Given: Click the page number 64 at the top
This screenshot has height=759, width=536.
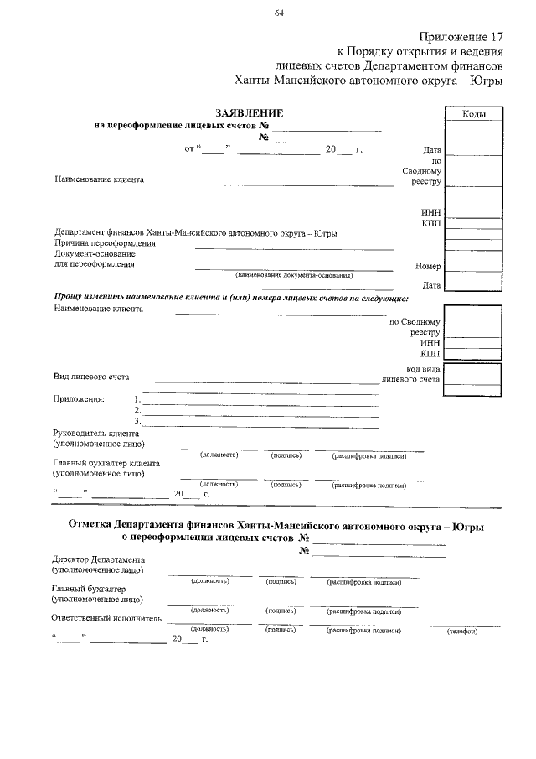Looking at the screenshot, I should [278, 11].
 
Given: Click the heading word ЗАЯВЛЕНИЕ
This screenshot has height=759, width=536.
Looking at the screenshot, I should [249, 113].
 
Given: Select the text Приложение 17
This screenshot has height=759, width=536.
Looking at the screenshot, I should [461, 38].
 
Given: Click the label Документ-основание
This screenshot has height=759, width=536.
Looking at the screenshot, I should [94, 253].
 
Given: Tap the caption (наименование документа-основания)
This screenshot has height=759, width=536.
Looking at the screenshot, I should [294, 275].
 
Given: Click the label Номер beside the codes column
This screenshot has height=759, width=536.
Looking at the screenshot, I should [427, 266].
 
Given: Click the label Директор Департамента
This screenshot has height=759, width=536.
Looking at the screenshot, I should [98, 559].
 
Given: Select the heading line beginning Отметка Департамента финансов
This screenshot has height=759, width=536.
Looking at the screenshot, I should [276, 526].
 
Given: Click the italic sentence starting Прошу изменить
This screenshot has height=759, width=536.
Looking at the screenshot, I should [231, 298].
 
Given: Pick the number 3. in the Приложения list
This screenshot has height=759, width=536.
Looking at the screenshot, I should [137, 420].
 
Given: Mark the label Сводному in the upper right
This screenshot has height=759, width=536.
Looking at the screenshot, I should [421, 170].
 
